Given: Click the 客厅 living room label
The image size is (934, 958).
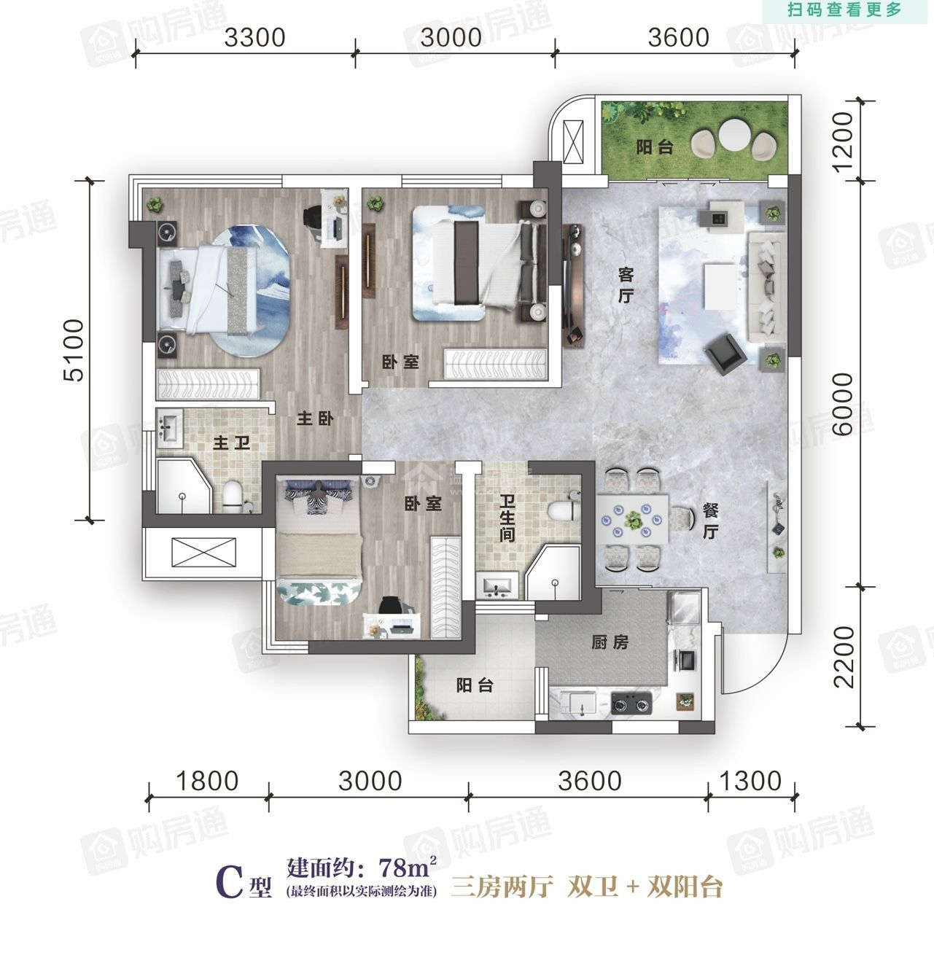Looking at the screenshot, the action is (x=626, y=286).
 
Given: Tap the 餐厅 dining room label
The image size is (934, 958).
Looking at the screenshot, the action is (x=710, y=521).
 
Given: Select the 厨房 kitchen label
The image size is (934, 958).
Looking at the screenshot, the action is (x=610, y=642).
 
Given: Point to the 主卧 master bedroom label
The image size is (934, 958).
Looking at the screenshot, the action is (x=315, y=419).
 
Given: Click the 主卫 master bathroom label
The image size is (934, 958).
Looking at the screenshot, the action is (x=231, y=443).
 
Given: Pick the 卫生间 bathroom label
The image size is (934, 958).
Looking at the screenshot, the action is (x=507, y=518).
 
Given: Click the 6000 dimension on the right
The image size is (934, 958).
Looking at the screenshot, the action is (x=842, y=404).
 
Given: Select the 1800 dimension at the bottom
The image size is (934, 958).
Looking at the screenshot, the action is (x=207, y=782).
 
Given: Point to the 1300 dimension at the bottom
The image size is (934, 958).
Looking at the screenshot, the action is (x=750, y=782).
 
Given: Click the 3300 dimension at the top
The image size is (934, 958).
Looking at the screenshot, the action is (x=254, y=38).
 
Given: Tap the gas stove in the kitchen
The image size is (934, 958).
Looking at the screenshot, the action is (x=631, y=703).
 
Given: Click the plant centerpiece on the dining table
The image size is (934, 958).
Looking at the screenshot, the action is (x=632, y=519).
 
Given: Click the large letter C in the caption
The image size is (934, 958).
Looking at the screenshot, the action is (x=230, y=881).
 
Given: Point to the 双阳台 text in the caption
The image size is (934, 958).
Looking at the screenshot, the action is (x=685, y=887).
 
